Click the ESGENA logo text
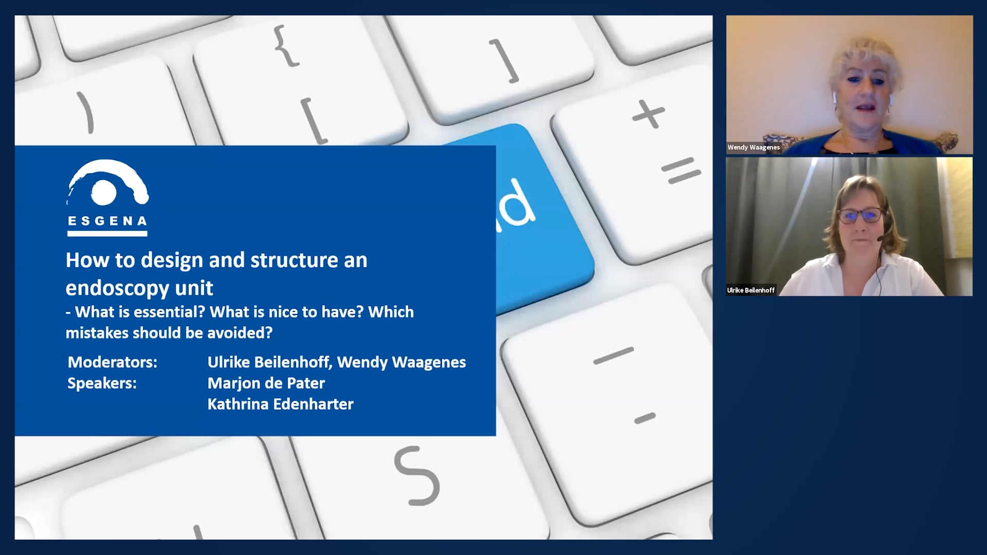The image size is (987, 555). (x=107, y=221)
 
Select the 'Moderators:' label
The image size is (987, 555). (x=113, y=362)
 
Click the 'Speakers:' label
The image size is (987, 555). (x=102, y=383)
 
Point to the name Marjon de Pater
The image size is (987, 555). (x=266, y=383)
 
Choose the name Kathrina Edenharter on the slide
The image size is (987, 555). (x=281, y=404)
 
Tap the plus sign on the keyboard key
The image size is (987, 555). (x=648, y=114)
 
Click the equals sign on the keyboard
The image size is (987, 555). (x=681, y=171)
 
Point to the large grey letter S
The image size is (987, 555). (x=417, y=475)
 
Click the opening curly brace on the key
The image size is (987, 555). (x=286, y=46)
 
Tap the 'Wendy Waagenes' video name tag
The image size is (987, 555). (x=754, y=147)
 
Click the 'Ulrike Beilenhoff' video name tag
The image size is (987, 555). (x=751, y=290)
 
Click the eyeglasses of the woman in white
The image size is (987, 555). (x=861, y=215)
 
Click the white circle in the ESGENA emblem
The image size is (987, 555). (x=104, y=192)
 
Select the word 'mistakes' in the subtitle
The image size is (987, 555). (x=97, y=333)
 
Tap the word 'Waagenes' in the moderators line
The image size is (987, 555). (x=429, y=363)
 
